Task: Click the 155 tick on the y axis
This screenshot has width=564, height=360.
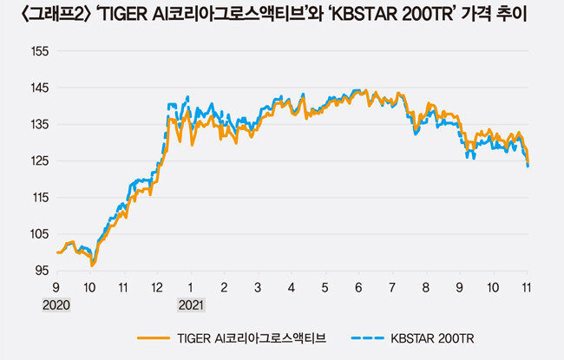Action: tap(38, 51)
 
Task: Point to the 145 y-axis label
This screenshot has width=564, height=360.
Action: tap(38, 88)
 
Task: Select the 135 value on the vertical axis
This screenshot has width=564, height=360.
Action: tap(38, 124)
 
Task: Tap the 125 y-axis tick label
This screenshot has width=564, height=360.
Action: tap(38, 161)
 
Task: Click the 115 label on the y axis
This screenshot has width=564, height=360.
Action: tap(38, 198)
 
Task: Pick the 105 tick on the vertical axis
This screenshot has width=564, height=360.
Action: tap(38, 234)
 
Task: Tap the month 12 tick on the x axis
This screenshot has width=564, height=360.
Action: tap(156, 287)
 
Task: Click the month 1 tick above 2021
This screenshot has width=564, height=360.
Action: tap(191, 287)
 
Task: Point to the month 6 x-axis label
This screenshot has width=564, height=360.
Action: tap(358, 287)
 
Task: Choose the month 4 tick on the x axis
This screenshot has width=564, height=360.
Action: tap(292, 287)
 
